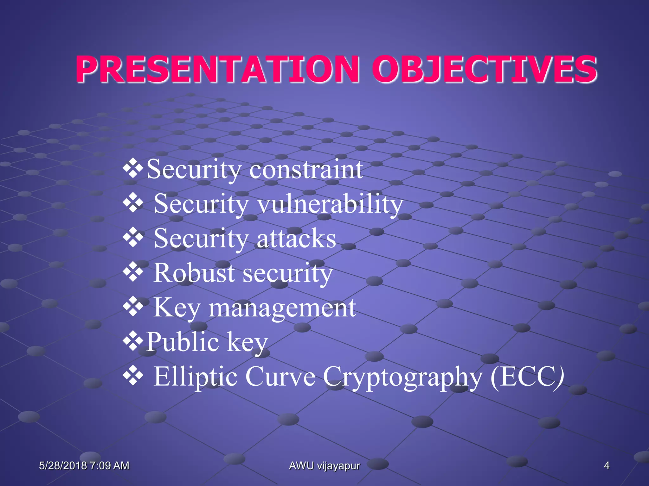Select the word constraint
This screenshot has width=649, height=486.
(306, 170)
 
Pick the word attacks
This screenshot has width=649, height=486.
(296, 239)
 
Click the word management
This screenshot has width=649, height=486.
(282, 308)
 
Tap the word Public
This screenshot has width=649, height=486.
(183, 342)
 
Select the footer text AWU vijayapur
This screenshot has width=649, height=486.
(324, 466)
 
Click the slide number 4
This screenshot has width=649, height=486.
(606, 466)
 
